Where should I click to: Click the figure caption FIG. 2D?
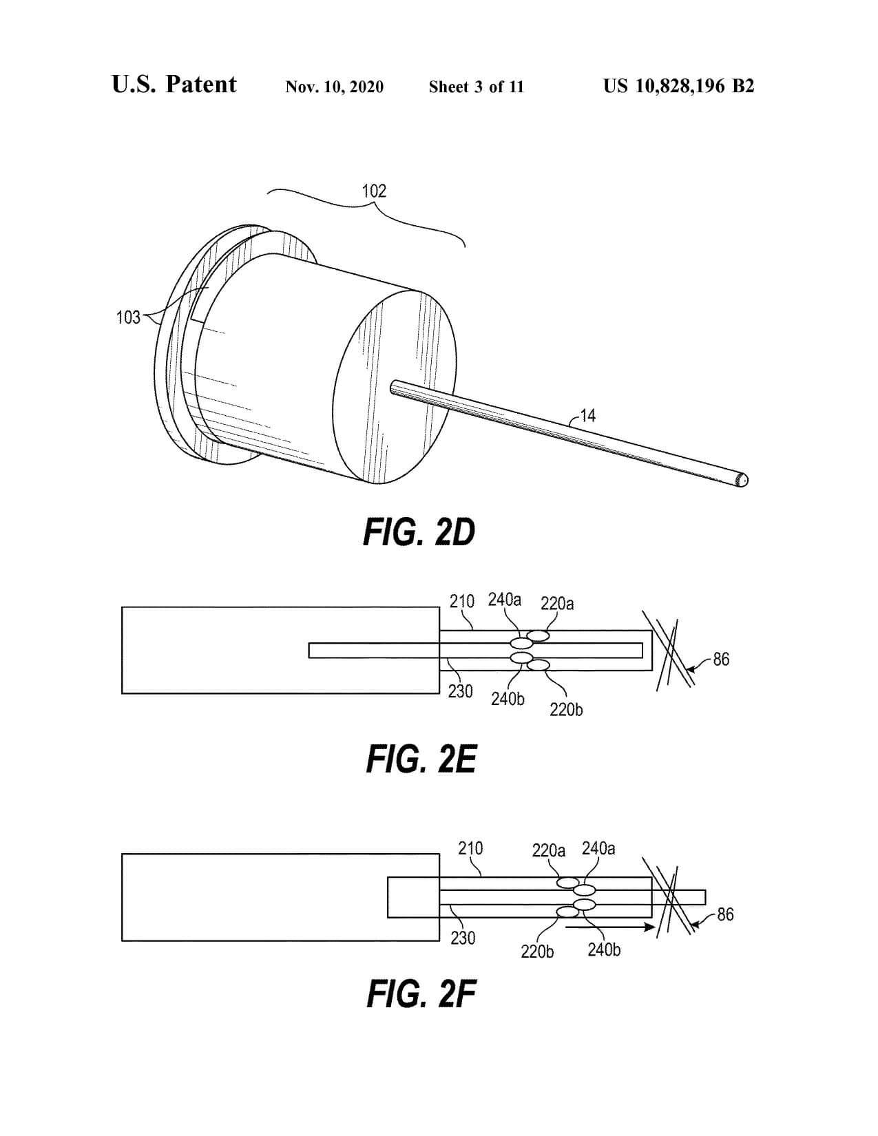pos(419,533)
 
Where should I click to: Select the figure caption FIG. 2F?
pos(421,993)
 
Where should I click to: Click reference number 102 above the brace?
pos(375,191)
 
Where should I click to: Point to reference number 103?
pos(128,317)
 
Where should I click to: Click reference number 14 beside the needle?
pos(588,416)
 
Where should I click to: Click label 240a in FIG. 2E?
pos(505,600)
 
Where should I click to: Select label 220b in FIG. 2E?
pos(566,709)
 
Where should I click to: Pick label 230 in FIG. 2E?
pos(460,692)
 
